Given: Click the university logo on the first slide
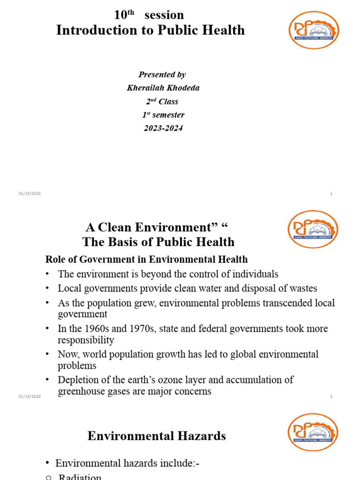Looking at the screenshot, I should click(313, 30).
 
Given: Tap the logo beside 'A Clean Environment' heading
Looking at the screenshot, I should click(313, 229).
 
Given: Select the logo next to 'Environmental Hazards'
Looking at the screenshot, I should click(313, 432).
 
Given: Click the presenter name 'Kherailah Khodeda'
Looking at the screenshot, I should click(163, 88).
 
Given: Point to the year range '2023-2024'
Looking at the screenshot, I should click(163, 128).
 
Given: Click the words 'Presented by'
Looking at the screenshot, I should click(162, 75).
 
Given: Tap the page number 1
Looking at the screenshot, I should click(331, 194).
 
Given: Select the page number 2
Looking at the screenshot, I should click(331, 397).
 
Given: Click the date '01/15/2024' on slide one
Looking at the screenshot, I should click(30, 194).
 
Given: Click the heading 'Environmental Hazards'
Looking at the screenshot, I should click(157, 436).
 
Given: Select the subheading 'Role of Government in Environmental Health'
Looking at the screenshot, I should click(146, 259).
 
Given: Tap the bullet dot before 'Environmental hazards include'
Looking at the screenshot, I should click(47, 463).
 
